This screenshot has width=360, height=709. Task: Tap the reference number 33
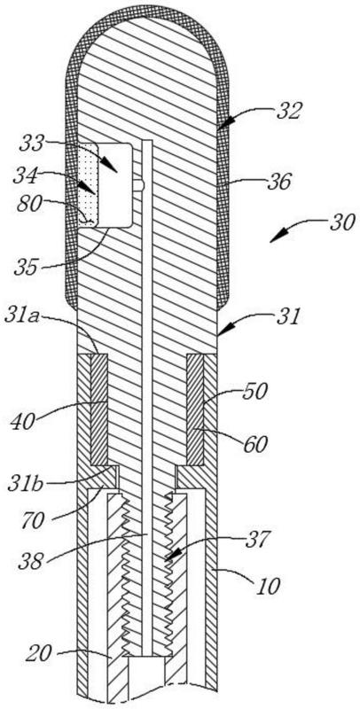[34, 144]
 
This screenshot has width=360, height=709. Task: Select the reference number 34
[27, 175]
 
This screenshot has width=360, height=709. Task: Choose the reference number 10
[267, 586]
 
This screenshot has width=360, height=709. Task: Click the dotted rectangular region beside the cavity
[88, 185]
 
